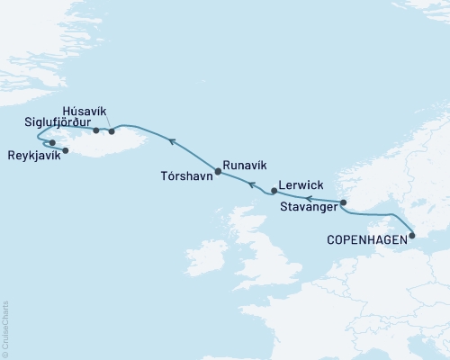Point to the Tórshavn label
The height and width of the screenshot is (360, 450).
coord(186,176)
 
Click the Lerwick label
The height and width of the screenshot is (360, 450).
coord(302,184)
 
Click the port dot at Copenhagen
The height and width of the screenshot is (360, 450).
coord(412,236)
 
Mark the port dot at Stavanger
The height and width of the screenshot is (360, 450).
coord(343,202)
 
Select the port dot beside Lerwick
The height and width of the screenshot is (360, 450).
coord(274,191)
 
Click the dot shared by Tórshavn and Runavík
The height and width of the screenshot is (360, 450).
coord(218,170)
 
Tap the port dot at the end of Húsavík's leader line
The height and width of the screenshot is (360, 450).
coord(112,131)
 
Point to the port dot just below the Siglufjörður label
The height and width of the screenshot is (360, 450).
coord(96,130)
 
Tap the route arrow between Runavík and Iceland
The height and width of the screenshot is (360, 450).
coord(170,140)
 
